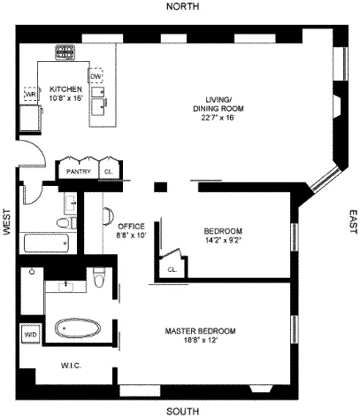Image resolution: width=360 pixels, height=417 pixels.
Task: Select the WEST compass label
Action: (7, 221)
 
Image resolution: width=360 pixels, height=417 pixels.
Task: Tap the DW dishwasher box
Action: (96, 76)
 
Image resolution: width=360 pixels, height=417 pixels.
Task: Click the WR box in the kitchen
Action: (30, 93)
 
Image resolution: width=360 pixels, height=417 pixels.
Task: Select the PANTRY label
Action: (79, 171)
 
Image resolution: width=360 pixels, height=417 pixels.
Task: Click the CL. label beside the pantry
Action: (109, 171)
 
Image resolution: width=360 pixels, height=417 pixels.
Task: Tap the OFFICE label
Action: (131, 226)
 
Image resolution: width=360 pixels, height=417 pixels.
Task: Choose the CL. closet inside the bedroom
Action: (172, 266)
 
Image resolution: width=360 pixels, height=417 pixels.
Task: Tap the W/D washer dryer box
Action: (30, 335)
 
